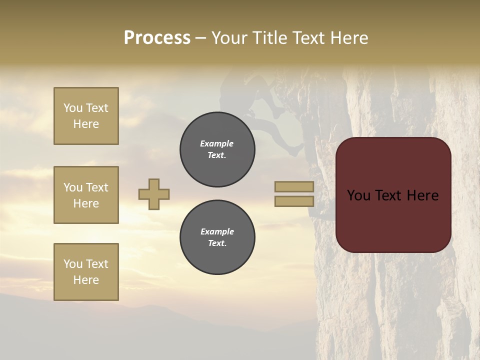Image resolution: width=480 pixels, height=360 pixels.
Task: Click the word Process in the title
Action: tap(157, 38)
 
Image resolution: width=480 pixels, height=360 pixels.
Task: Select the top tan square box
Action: tap(86, 116)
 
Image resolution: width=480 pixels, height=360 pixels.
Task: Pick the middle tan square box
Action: tap(86, 195)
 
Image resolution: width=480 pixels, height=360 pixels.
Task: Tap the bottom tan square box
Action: tap(86, 272)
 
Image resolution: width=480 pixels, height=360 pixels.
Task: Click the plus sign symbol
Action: tap(154, 194)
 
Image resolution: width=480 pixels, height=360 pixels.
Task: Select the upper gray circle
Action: tap(217, 149)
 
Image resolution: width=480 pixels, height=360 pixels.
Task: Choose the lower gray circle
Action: tap(217, 237)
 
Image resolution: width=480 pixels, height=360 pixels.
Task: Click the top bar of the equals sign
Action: tap(294, 187)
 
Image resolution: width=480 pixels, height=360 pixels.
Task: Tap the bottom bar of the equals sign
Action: tap(294, 201)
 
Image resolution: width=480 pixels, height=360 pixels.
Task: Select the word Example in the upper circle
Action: tap(217, 143)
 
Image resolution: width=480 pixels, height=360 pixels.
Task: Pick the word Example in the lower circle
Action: tap(217, 231)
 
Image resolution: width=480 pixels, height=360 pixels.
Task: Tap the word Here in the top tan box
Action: tap(86, 124)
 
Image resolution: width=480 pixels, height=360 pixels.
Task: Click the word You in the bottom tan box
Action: tap(73, 264)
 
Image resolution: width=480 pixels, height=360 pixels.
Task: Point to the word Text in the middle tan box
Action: tap(96, 187)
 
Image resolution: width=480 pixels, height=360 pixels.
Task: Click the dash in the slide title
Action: tap(201, 38)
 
